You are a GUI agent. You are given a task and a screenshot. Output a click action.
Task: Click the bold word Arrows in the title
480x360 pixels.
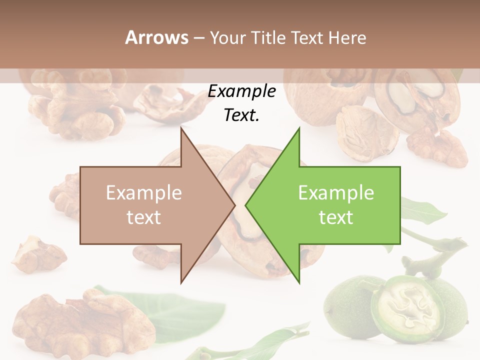[x=156, y=37]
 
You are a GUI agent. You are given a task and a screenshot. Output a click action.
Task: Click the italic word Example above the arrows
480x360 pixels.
[x=241, y=91]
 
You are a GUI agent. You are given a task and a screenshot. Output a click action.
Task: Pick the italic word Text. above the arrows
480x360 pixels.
[x=241, y=115]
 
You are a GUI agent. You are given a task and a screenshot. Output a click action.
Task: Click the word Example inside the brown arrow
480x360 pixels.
[x=144, y=193]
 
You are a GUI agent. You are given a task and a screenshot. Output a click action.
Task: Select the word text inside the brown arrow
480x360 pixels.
[x=144, y=217]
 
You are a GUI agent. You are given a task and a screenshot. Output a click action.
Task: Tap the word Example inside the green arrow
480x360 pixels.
[x=336, y=193]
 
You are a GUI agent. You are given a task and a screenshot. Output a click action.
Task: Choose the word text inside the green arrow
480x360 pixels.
[x=336, y=217]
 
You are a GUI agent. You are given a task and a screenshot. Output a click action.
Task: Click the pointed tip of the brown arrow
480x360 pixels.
[x=234, y=205]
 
